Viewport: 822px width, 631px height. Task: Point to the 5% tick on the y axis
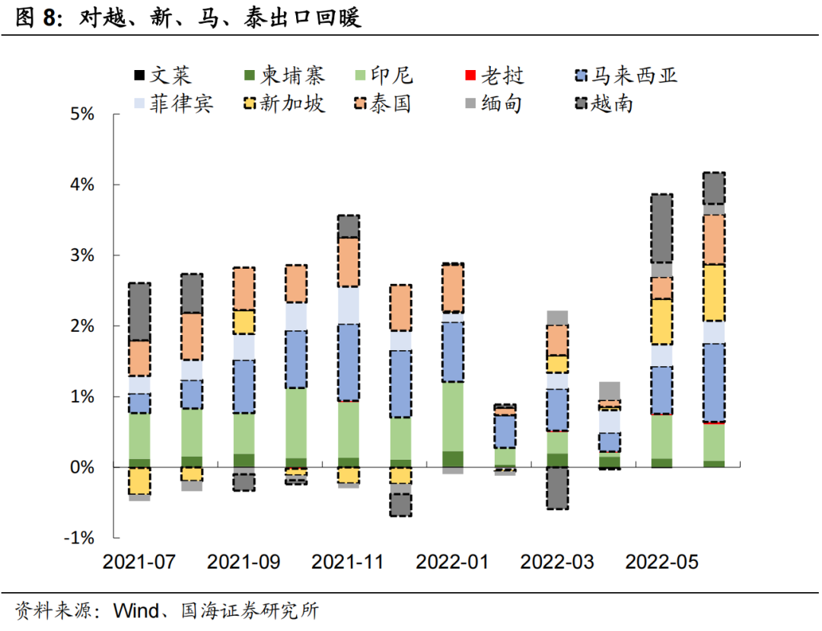point(81,114)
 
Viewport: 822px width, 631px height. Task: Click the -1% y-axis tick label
point(78,537)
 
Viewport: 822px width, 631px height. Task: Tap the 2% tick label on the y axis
point(81,326)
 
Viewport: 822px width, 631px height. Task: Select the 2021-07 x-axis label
point(139,562)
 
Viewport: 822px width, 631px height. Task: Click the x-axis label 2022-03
point(557,562)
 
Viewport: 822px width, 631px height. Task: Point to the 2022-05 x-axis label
point(661,562)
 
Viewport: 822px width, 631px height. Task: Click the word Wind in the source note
point(136,610)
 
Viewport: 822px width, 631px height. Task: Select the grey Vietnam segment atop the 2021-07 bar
point(139,311)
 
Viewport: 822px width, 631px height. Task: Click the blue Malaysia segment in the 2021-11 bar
point(348,362)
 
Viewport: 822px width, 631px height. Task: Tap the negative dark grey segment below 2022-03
point(557,487)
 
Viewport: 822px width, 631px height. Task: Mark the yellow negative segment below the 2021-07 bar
point(139,481)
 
